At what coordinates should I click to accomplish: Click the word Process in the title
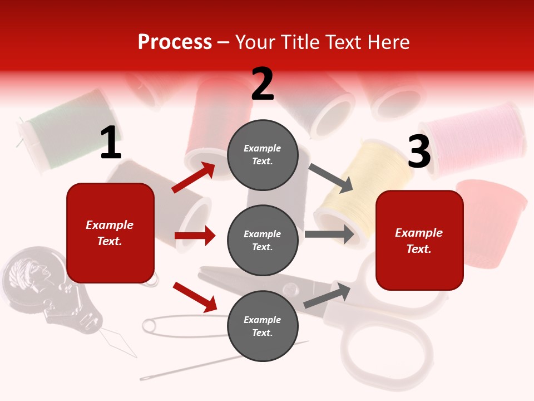175,42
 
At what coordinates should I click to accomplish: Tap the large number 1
111,143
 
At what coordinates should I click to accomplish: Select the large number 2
263,84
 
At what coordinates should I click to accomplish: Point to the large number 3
419,152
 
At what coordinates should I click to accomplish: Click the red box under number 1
110,233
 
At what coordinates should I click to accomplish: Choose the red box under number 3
419,240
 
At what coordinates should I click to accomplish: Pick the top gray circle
263,155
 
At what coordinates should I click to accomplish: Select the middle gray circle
263,240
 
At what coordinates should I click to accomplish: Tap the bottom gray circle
263,326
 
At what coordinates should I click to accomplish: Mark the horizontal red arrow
195,236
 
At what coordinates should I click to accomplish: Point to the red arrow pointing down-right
195,296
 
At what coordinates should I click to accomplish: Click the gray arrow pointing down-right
331,178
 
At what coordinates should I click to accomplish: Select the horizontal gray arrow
329,234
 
